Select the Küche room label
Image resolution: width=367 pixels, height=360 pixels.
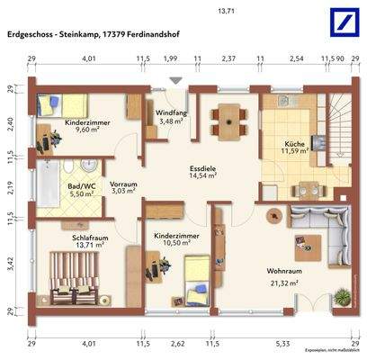(x=296, y=143)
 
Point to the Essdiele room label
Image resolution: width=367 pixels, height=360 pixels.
(x=202, y=167)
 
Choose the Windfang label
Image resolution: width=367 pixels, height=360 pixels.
(x=170, y=112)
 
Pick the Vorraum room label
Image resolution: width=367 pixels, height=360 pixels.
(x=123, y=184)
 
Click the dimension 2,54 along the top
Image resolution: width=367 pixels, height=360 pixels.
(x=297, y=58)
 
